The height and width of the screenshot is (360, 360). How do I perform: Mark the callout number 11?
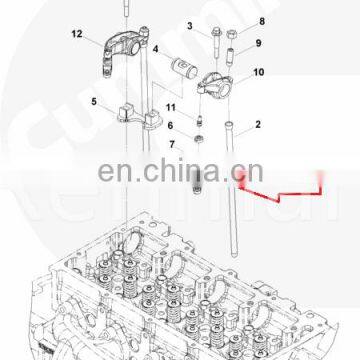[x=170, y=106]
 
